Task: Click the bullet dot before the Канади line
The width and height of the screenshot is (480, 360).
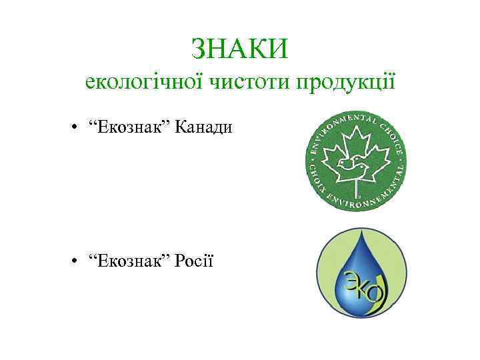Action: coord(78,127)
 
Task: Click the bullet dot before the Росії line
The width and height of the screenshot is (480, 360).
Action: coord(78,260)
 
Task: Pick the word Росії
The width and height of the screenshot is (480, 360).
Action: coord(194,260)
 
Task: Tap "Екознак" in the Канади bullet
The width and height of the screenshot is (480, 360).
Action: coord(131,127)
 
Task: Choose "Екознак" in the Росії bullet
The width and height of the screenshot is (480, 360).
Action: coord(131,260)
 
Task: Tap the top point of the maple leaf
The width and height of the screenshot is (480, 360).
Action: coord(355,128)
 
